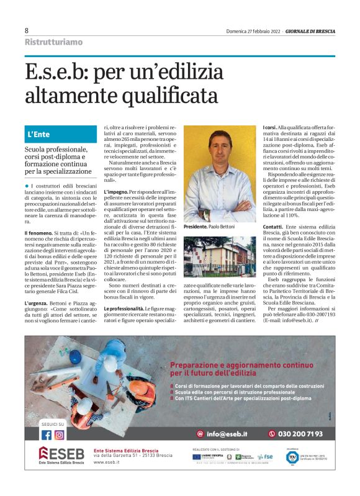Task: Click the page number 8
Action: coord(27,30)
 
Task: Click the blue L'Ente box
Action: coord(60,134)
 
